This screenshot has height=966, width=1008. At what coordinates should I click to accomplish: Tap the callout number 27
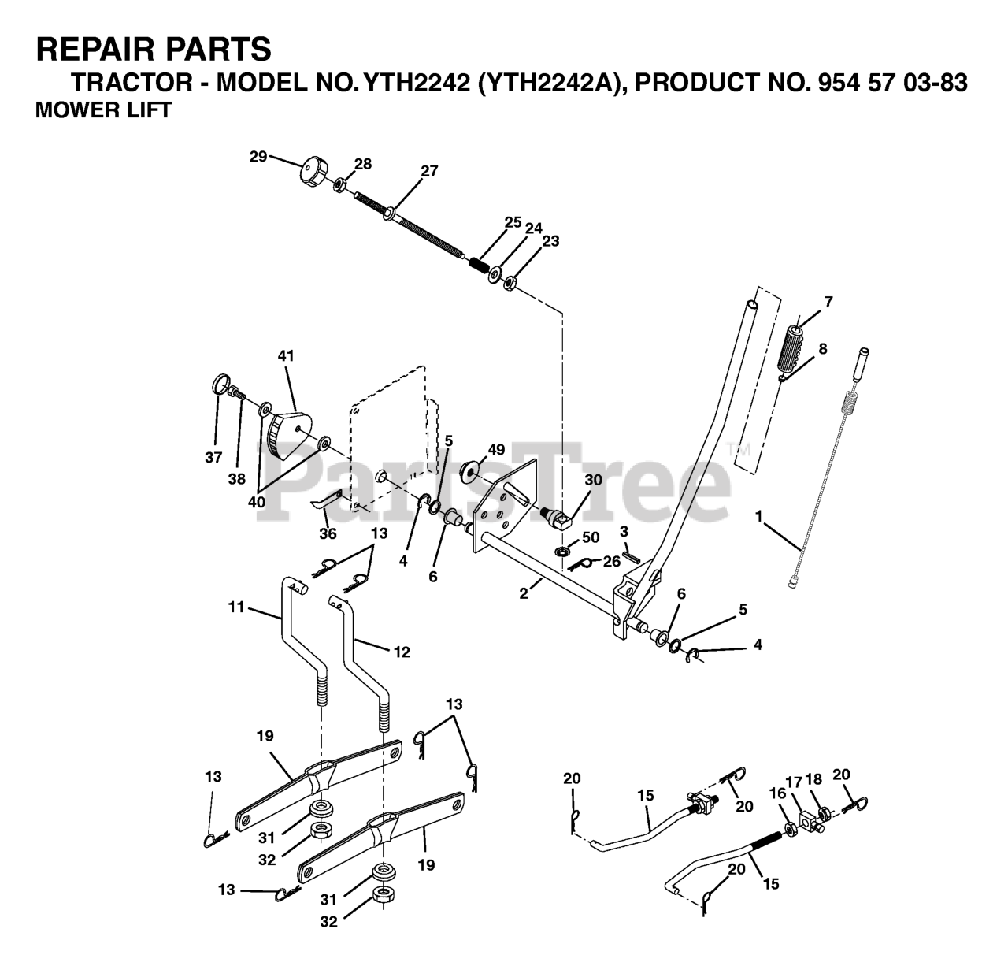429,171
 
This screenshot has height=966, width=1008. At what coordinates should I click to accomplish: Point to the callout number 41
285,356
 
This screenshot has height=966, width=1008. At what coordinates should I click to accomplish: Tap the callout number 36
328,534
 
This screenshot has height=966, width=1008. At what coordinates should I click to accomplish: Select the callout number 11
235,607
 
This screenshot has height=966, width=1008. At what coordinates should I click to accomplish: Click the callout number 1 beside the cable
758,516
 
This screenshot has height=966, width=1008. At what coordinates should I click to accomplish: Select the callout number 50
590,537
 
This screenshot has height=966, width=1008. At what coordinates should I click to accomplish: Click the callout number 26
610,561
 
